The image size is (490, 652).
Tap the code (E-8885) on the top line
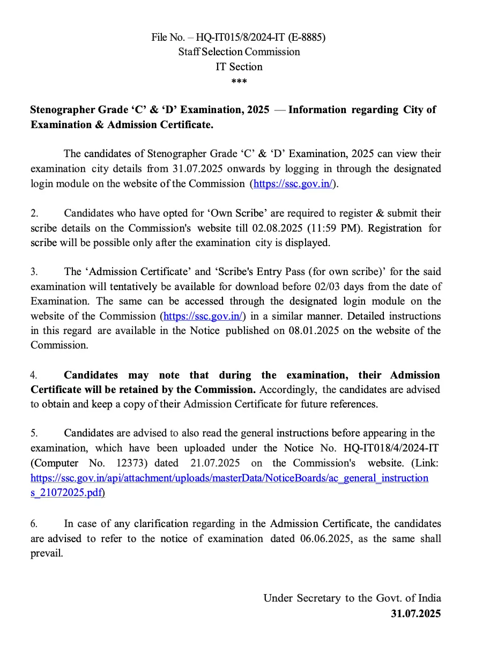307,37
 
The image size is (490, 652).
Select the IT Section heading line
239,67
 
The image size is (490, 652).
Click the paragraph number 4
34,375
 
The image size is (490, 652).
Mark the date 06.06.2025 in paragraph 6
326,539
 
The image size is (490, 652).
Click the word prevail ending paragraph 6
46,553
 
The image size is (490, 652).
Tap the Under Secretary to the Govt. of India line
352,598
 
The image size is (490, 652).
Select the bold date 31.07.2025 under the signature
415,613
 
